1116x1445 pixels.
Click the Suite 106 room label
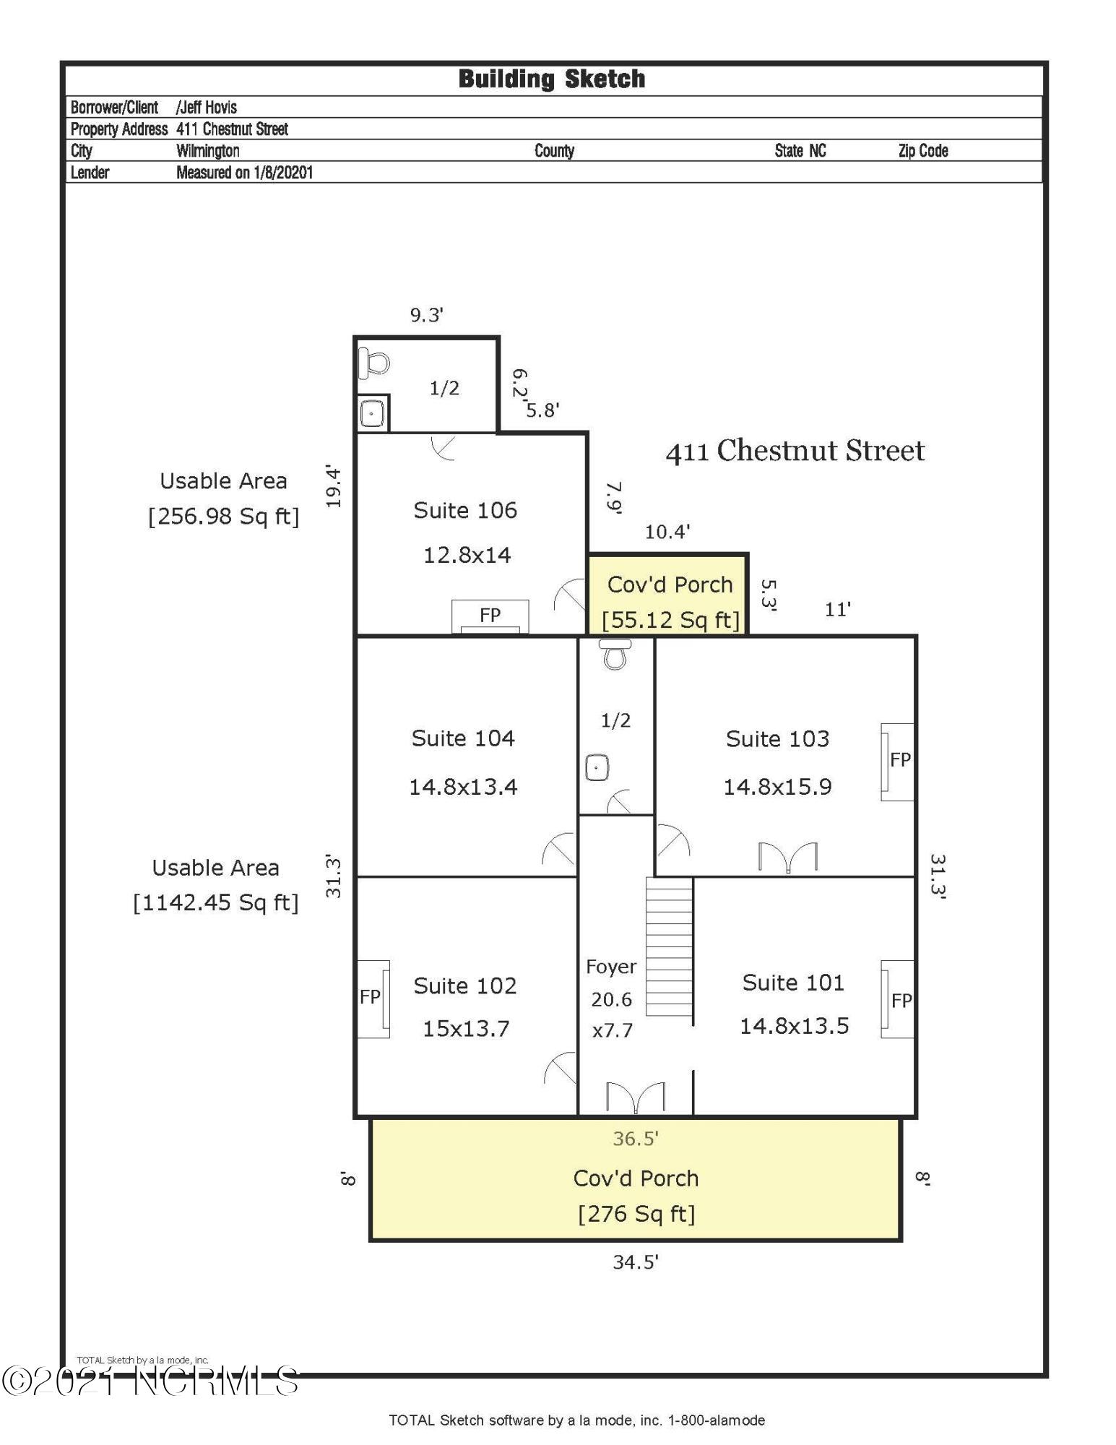pyautogui.click(x=465, y=511)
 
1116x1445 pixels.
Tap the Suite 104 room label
pyautogui.click(x=463, y=738)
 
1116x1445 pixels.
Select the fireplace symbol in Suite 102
pyautogui.click(x=374, y=998)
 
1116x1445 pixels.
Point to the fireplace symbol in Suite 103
pyautogui.click(x=898, y=761)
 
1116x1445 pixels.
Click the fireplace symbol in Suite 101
pyautogui.click(x=898, y=1000)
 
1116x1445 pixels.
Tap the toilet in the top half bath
pyautogui.click(x=374, y=361)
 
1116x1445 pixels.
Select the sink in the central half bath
pyautogui.click(x=597, y=767)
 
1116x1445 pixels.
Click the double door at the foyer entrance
pyautogui.click(x=635, y=1097)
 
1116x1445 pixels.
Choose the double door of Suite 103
pyautogui.click(x=787, y=858)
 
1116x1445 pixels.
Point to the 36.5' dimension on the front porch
pyautogui.click(x=635, y=1139)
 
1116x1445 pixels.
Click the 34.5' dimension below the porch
pyautogui.click(x=635, y=1262)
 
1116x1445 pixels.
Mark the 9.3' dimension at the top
pyautogui.click(x=426, y=315)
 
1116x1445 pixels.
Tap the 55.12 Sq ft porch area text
pyautogui.click(x=670, y=620)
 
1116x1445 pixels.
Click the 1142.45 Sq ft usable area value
pyautogui.click(x=215, y=903)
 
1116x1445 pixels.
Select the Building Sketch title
pyautogui.click(x=552, y=79)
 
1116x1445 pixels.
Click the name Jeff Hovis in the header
pyautogui.click(x=207, y=108)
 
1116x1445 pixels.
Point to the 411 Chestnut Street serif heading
pyautogui.click(x=795, y=452)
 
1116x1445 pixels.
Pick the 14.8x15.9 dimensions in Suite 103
pyautogui.click(x=777, y=787)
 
